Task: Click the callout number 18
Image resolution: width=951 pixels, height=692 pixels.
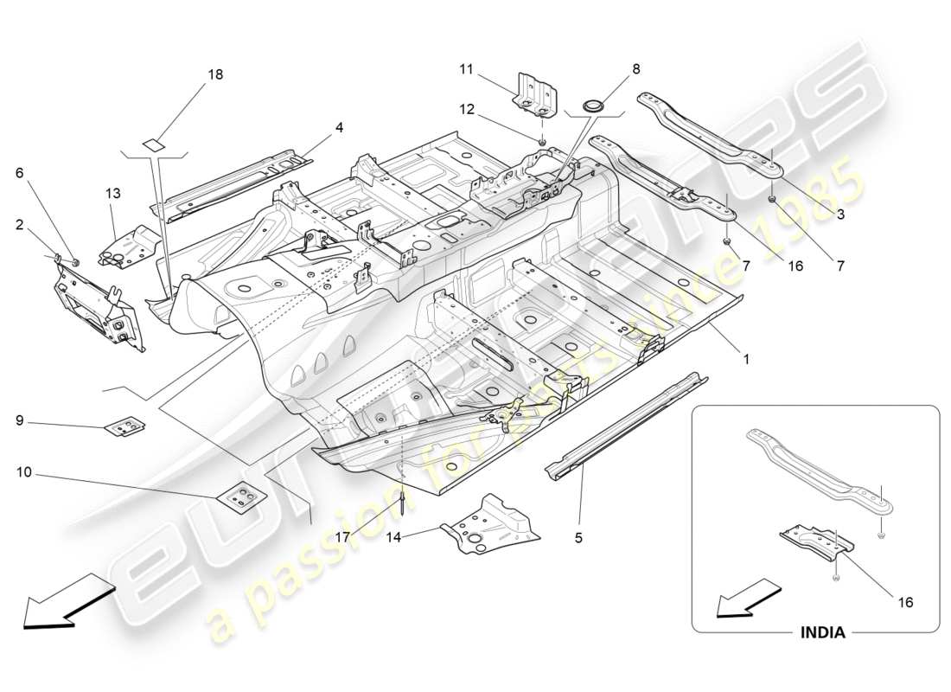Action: (214, 74)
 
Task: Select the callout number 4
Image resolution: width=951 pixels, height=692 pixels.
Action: (339, 127)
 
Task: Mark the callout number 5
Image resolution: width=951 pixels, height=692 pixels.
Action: (578, 537)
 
